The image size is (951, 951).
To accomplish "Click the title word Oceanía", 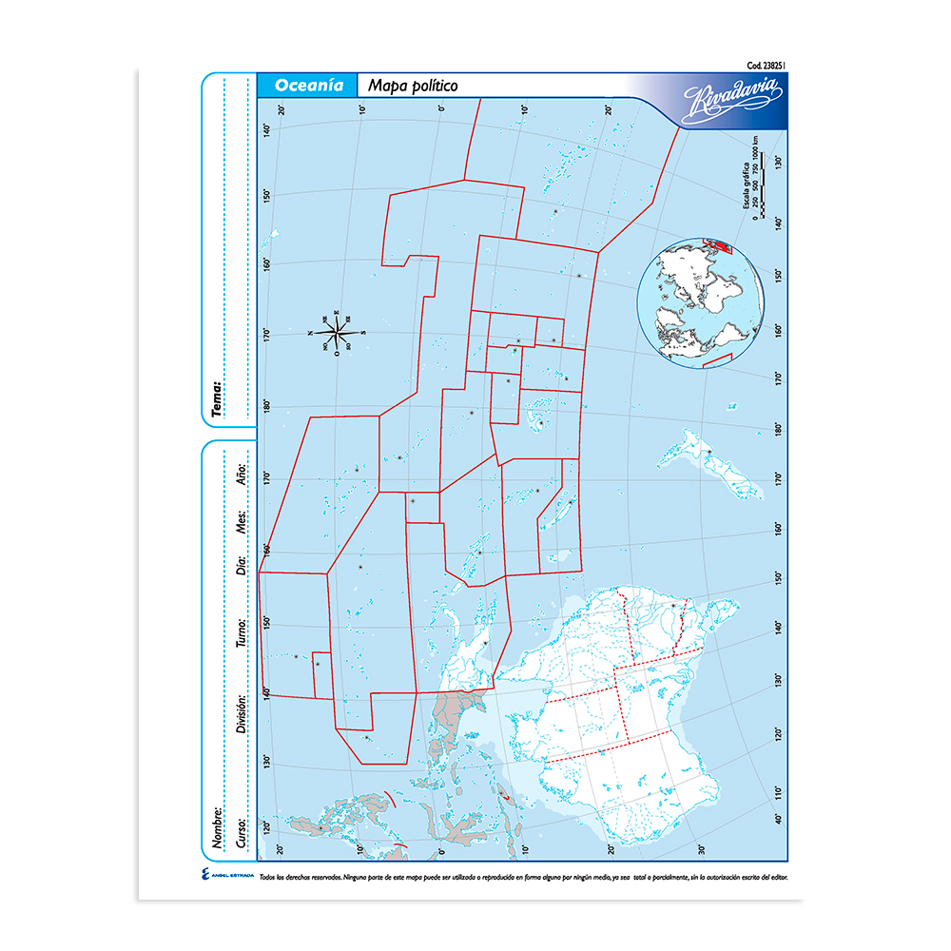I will [x=308, y=86].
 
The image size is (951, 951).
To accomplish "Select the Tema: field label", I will [x=218, y=399].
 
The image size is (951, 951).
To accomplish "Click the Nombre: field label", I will [x=218, y=827].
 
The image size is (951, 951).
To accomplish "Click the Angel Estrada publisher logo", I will [x=227, y=877].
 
